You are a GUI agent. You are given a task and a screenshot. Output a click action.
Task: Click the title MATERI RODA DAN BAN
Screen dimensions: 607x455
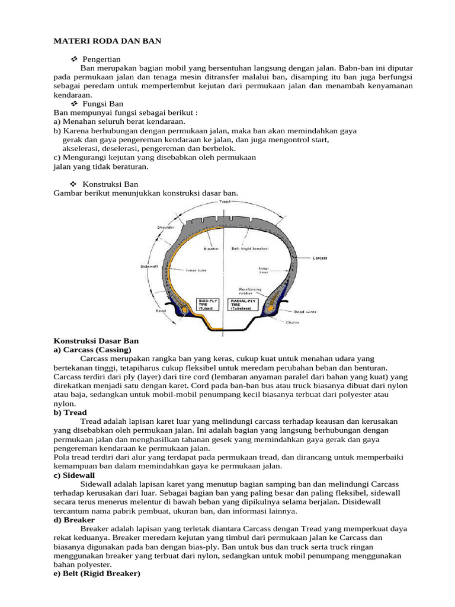click(107, 41)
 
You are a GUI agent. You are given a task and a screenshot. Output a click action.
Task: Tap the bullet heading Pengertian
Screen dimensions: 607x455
click(101, 59)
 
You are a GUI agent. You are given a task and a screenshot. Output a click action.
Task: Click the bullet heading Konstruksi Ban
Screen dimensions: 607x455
click(110, 184)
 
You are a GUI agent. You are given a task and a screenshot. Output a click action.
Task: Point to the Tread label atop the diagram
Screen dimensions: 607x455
click(225, 202)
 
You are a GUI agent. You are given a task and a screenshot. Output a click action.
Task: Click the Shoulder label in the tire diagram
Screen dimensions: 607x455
click(165, 227)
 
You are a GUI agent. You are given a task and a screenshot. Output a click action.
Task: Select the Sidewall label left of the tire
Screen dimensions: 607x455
click(148, 267)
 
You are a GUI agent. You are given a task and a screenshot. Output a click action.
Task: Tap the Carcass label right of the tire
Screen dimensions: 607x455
click(320, 258)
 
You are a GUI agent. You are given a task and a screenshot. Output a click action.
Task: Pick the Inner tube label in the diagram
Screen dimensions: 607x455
click(196, 270)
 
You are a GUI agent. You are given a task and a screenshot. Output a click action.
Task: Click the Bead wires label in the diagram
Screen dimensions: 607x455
click(305, 311)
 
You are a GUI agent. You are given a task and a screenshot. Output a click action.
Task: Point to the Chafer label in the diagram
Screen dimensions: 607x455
click(293, 322)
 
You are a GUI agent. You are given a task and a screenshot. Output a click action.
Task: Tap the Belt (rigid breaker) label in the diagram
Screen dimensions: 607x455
click(252, 249)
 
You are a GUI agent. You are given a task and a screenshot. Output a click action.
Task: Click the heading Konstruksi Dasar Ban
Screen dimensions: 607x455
click(96, 341)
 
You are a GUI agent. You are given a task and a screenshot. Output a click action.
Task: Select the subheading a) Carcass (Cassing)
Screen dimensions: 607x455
click(92, 350)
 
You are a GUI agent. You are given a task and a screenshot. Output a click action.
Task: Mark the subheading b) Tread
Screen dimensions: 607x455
click(70, 413)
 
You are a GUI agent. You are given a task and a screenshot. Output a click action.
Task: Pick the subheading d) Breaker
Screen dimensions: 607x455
click(74, 519)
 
